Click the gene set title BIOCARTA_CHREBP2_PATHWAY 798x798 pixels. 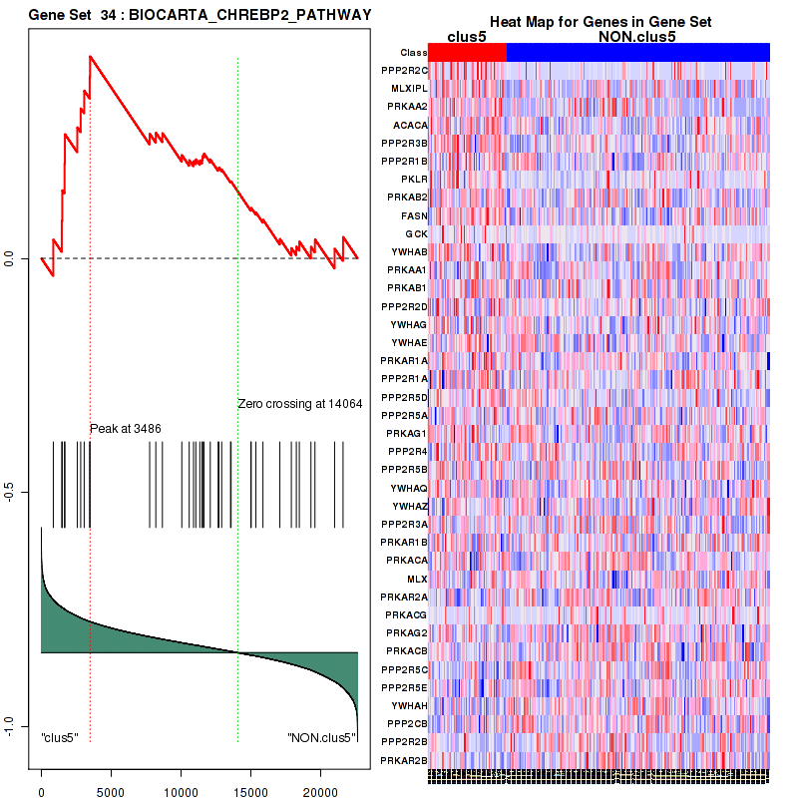200,16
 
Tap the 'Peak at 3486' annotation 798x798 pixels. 126,428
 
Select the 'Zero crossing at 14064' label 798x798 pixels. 299,404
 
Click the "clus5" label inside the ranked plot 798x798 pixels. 60,737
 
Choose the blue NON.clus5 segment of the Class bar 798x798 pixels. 637,52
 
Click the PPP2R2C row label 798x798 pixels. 404,70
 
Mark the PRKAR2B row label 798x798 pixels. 404,760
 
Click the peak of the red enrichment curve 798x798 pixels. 90,56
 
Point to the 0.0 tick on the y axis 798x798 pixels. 22,259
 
